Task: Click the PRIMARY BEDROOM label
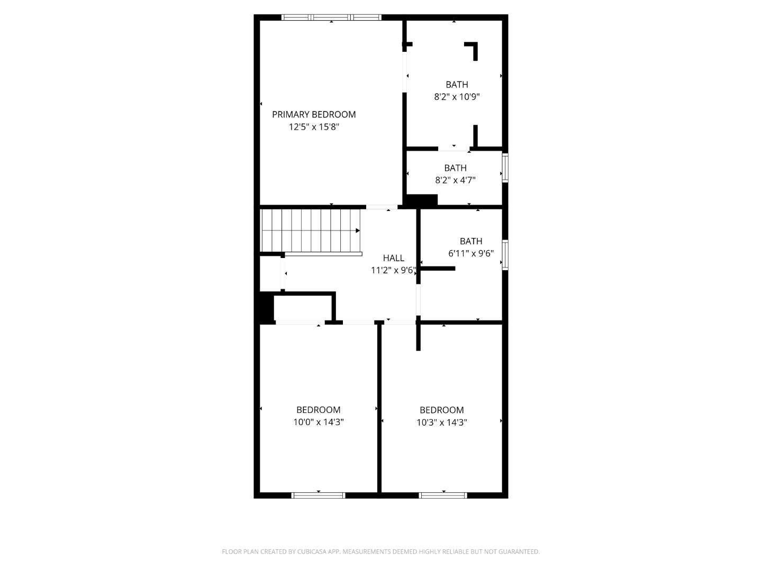point(314,114)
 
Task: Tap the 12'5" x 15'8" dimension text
point(314,127)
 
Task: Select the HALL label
point(393,258)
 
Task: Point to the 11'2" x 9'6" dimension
point(393,270)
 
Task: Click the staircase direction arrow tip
point(358,231)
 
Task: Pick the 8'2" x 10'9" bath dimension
point(457,97)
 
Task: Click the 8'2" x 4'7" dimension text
point(455,180)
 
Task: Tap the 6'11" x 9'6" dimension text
point(471,253)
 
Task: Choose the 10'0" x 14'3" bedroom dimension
point(319,422)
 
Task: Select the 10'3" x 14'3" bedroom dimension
point(442,422)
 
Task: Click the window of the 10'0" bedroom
point(319,495)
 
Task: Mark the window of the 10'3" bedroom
point(443,495)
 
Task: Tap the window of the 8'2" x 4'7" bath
point(505,168)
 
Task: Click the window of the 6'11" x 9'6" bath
point(505,255)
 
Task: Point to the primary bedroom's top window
point(331,17)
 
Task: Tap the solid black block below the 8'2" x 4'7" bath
point(421,200)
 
